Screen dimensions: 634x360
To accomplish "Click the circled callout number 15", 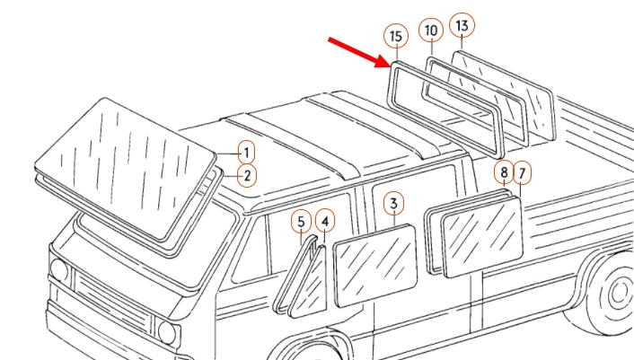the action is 396,37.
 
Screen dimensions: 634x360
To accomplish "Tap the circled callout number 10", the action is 431,31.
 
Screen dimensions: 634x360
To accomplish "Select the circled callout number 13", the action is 462,26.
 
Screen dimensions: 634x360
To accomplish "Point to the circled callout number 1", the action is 247,154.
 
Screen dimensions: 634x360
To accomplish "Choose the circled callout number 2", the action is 247,176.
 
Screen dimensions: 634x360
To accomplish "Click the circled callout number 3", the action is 394,204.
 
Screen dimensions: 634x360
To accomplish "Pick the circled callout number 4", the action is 325,222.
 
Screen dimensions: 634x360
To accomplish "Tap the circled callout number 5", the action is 301,222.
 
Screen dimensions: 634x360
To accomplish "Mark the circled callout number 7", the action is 522,173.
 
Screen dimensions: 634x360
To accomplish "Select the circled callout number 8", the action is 504,172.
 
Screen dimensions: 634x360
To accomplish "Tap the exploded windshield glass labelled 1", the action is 126,168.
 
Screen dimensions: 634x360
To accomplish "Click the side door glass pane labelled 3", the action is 375,266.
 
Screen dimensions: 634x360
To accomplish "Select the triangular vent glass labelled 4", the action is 309,283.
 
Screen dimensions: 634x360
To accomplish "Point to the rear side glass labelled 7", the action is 482,236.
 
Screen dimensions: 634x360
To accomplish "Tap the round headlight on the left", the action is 58,270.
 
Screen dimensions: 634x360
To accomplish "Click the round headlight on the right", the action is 167,331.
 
